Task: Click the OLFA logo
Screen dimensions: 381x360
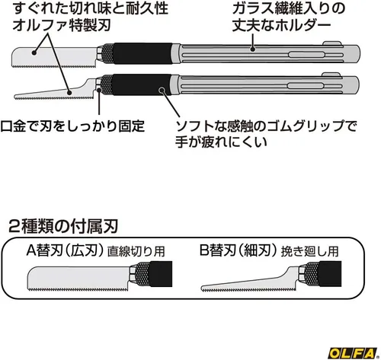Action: [x=353, y=352]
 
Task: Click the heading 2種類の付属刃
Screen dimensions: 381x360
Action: [x=63, y=226]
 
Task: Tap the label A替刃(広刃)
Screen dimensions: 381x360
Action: [x=65, y=251]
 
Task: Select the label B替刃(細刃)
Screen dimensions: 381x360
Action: [x=238, y=251]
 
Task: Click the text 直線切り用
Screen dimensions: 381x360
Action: [x=136, y=252]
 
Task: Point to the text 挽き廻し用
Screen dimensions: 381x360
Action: [x=309, y=251]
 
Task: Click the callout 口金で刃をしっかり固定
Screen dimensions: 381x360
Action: [x=72, y=126]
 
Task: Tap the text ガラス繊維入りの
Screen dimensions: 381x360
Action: [x=289, y=8]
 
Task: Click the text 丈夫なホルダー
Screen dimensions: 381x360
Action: [x=282, y=25]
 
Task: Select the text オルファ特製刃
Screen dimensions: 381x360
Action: [x=62, y=25]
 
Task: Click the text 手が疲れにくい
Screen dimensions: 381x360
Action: [x=221, y=142]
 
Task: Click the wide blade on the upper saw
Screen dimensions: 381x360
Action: [x=55, y=57]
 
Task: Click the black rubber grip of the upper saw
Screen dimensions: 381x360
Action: [x=142, y=53]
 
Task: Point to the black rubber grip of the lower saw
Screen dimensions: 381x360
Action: [x=142, y=84]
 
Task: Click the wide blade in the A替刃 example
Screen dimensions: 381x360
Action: [x=78, y=279]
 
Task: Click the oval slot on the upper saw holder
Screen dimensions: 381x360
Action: [x=306, y=55]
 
